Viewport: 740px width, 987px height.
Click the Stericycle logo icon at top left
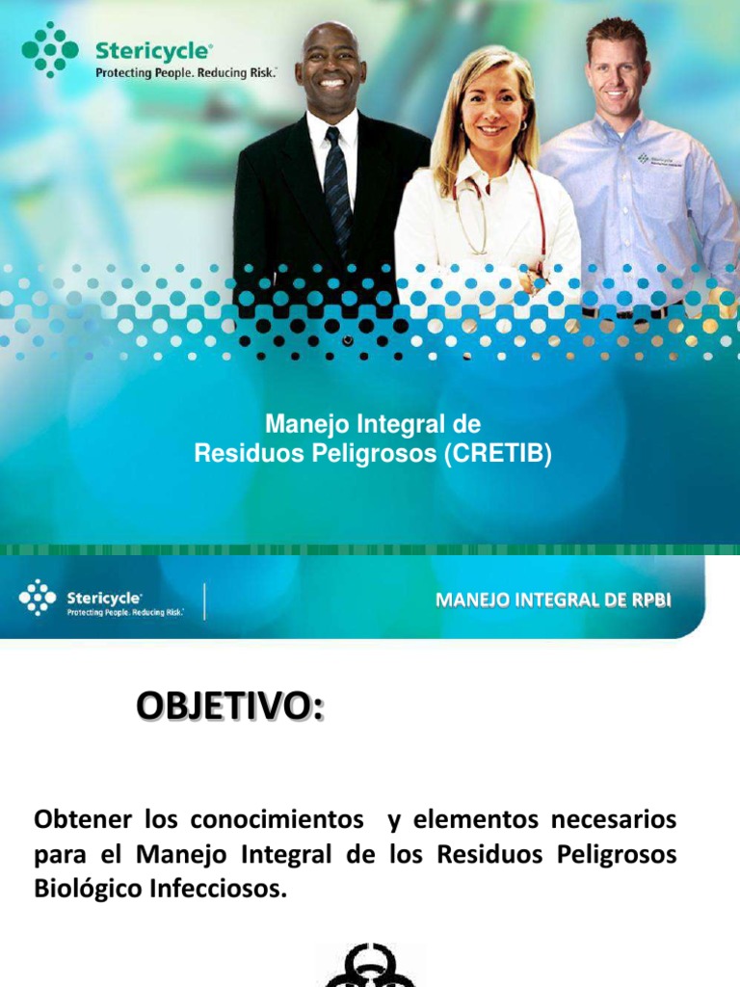click(49, 49)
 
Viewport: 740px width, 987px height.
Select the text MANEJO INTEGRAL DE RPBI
click(553, 600)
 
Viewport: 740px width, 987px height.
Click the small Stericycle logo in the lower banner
click(38, 597)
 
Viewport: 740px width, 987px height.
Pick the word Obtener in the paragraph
click(83, 820)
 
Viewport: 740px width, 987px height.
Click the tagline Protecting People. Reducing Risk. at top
click(185, 72)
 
